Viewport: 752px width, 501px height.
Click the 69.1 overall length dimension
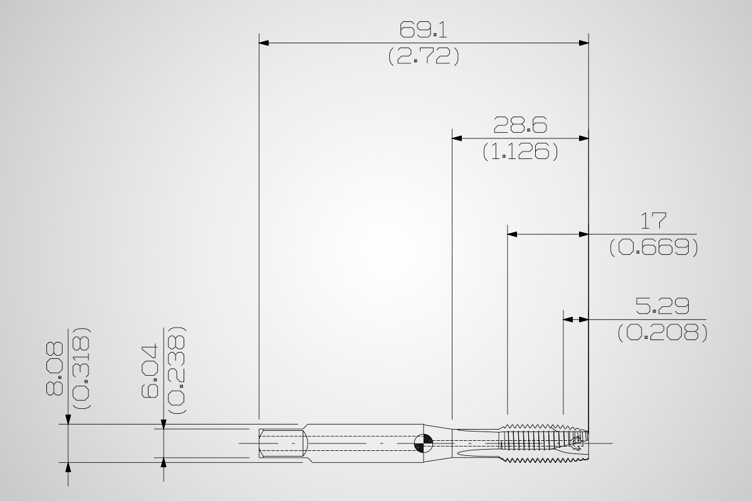[424, 29]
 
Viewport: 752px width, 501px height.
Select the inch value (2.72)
[424, 56]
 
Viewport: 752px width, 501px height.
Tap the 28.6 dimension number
[520, 125]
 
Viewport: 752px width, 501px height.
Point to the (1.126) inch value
[520, 152]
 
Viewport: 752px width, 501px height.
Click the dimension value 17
[653, 221]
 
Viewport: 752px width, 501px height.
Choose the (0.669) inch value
[654, 247]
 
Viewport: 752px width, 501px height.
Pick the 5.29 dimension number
[662, 306]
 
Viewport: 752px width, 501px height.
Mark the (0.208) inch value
[662, 333]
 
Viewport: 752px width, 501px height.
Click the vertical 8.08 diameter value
[55, 368]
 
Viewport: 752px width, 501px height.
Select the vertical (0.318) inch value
[81, 368]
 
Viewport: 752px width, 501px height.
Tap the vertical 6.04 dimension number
[149, 371]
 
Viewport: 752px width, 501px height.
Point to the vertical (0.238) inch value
[176, 369]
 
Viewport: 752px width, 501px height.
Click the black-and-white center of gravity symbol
[424, 443]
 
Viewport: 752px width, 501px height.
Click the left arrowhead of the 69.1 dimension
[264, 43]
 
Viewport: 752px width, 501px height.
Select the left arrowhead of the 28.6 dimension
[457, 138]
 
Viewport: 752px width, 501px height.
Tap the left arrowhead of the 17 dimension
[512, 234]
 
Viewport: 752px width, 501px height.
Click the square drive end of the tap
[283, 443]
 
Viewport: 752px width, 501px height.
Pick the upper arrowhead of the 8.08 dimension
[68, 419]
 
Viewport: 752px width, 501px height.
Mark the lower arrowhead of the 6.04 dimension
[164, 462]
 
